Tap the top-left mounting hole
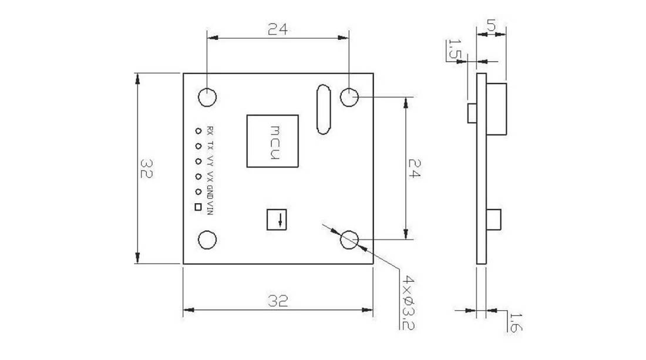[207, 97]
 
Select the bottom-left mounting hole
[207, 240]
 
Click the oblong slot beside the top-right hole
[324, 110]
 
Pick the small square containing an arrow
[277, 220]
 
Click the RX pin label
[210, 131]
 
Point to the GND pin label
[210, 193]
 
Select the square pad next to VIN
[198, 207]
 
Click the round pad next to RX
[198, 131]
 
